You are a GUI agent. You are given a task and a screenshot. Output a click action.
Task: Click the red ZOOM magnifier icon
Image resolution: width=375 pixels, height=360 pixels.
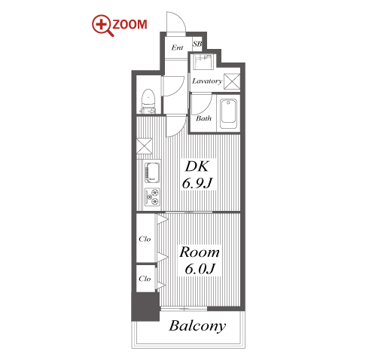tap(102, 25)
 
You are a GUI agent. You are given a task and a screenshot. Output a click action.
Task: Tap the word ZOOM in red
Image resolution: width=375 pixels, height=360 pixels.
tap(130, 25)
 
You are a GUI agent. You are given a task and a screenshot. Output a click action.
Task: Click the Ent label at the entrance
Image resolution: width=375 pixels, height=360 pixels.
tap(177, 47)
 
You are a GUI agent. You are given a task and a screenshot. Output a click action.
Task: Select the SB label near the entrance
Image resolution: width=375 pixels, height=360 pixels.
tap(197, 44)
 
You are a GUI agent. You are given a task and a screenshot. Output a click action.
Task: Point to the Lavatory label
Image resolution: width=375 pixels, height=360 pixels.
tap(207, 81)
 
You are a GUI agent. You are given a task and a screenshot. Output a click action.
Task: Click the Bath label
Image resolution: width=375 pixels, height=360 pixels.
tap(203, 118)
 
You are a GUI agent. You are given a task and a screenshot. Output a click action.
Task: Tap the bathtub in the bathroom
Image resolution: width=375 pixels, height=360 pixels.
tap(228, 114)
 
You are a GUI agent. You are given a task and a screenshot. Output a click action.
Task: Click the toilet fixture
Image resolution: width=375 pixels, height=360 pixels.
tap(148, 101)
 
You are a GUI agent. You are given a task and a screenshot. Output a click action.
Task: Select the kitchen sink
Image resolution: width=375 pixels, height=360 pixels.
tap(152, 172)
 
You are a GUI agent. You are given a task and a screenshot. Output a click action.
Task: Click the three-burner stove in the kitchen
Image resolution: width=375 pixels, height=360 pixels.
tap(152, 197)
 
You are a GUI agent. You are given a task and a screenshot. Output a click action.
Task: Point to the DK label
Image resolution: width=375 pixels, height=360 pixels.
tap(197, 166)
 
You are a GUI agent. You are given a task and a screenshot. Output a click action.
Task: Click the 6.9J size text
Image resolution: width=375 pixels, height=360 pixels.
tap(197, 183)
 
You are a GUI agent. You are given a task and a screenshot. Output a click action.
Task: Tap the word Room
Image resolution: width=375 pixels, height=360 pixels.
tap(200, 252)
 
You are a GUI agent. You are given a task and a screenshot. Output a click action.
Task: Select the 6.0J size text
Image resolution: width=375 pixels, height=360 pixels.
tap(200, 269)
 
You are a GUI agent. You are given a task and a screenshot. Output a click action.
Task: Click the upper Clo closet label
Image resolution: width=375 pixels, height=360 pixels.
tap(145, 239)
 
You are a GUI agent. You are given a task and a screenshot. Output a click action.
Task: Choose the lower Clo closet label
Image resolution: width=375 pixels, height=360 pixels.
tap(145, 279)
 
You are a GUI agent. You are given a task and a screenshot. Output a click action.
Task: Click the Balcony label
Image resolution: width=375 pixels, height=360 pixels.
tap(197, 326)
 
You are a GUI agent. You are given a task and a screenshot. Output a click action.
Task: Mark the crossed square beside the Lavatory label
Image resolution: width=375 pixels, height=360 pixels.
tap(232, 81)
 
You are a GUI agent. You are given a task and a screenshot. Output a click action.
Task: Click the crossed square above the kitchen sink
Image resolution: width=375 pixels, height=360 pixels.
tap(145, 146)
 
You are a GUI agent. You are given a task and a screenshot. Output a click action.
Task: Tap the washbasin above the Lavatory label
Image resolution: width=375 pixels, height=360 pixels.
tap(203, 62)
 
